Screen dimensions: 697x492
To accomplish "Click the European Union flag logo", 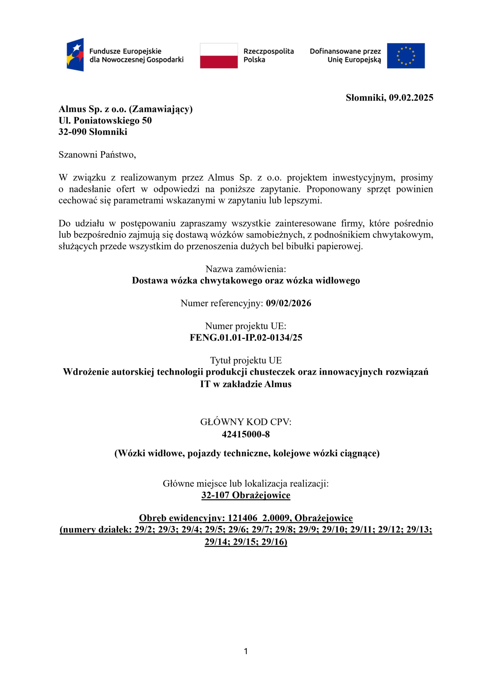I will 406,56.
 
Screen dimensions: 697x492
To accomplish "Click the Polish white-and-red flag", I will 219,56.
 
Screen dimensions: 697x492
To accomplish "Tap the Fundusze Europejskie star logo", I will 75,55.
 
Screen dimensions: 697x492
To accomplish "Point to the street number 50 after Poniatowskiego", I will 147,121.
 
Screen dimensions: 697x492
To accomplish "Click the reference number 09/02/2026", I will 288,303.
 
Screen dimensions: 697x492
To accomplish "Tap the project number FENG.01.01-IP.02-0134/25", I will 246,338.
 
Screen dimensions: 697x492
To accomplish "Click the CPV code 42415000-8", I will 246,435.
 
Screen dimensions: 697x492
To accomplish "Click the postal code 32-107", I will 215,495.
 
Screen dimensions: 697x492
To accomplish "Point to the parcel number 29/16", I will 274,542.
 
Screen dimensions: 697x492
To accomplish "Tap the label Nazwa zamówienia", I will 245,269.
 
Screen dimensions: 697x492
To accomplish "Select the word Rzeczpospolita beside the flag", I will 269,51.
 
